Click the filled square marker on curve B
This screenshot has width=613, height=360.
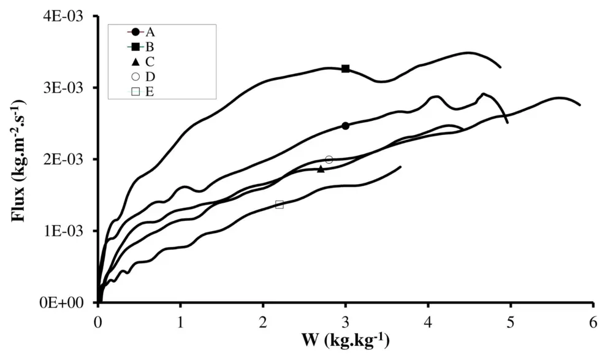pos(346,69)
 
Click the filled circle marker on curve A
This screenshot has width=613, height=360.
pos(346,126)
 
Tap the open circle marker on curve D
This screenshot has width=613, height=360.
pos(329,159)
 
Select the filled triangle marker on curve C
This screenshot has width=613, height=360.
pos(321,169)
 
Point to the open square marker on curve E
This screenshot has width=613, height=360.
pos(280,204)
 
